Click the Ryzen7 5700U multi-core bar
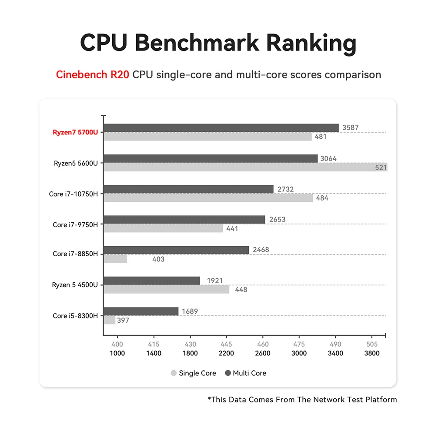(221, 128)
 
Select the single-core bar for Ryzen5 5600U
(245, 167)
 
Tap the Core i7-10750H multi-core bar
(188, 189)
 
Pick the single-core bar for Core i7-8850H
(115, 259)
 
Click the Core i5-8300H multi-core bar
(141, 311)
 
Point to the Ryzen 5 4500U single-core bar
(167, 289)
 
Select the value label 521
(381, 167)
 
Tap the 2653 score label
(277, 219)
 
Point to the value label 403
(158, 259)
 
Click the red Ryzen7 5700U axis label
(75, 132)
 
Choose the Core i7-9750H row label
(75, 224)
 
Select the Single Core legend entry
(194, 373)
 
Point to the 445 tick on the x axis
(226, 344)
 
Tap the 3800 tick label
(372, 353)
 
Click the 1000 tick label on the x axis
(117, 353)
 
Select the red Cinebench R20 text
(92, 74)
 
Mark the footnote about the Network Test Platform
(302, 399)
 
